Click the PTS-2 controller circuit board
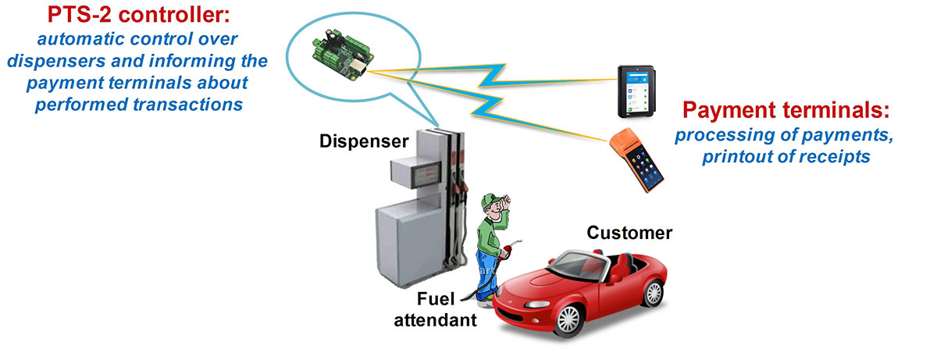pyautogui.click(x=343, y=55)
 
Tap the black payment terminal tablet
pyautogui.click(x=636, y=91)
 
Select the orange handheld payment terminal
pyautogui.click(x=636, y=160)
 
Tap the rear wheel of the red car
pyautogui.click(x=654, y=292)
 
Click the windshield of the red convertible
pyautogui.click(x=579, y=265)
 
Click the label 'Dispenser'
pyautogui.click(x=364, y=141)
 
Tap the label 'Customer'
pyautogui.click(x=629, y=233)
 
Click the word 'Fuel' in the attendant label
pyautogui.click(x=436, y=299)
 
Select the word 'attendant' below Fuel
pyautogui.click(x=435, y=320)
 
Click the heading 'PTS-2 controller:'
pyautogui.click(x=138, y=15)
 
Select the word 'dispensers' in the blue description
pyautogui.click(x=56, y=62)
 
